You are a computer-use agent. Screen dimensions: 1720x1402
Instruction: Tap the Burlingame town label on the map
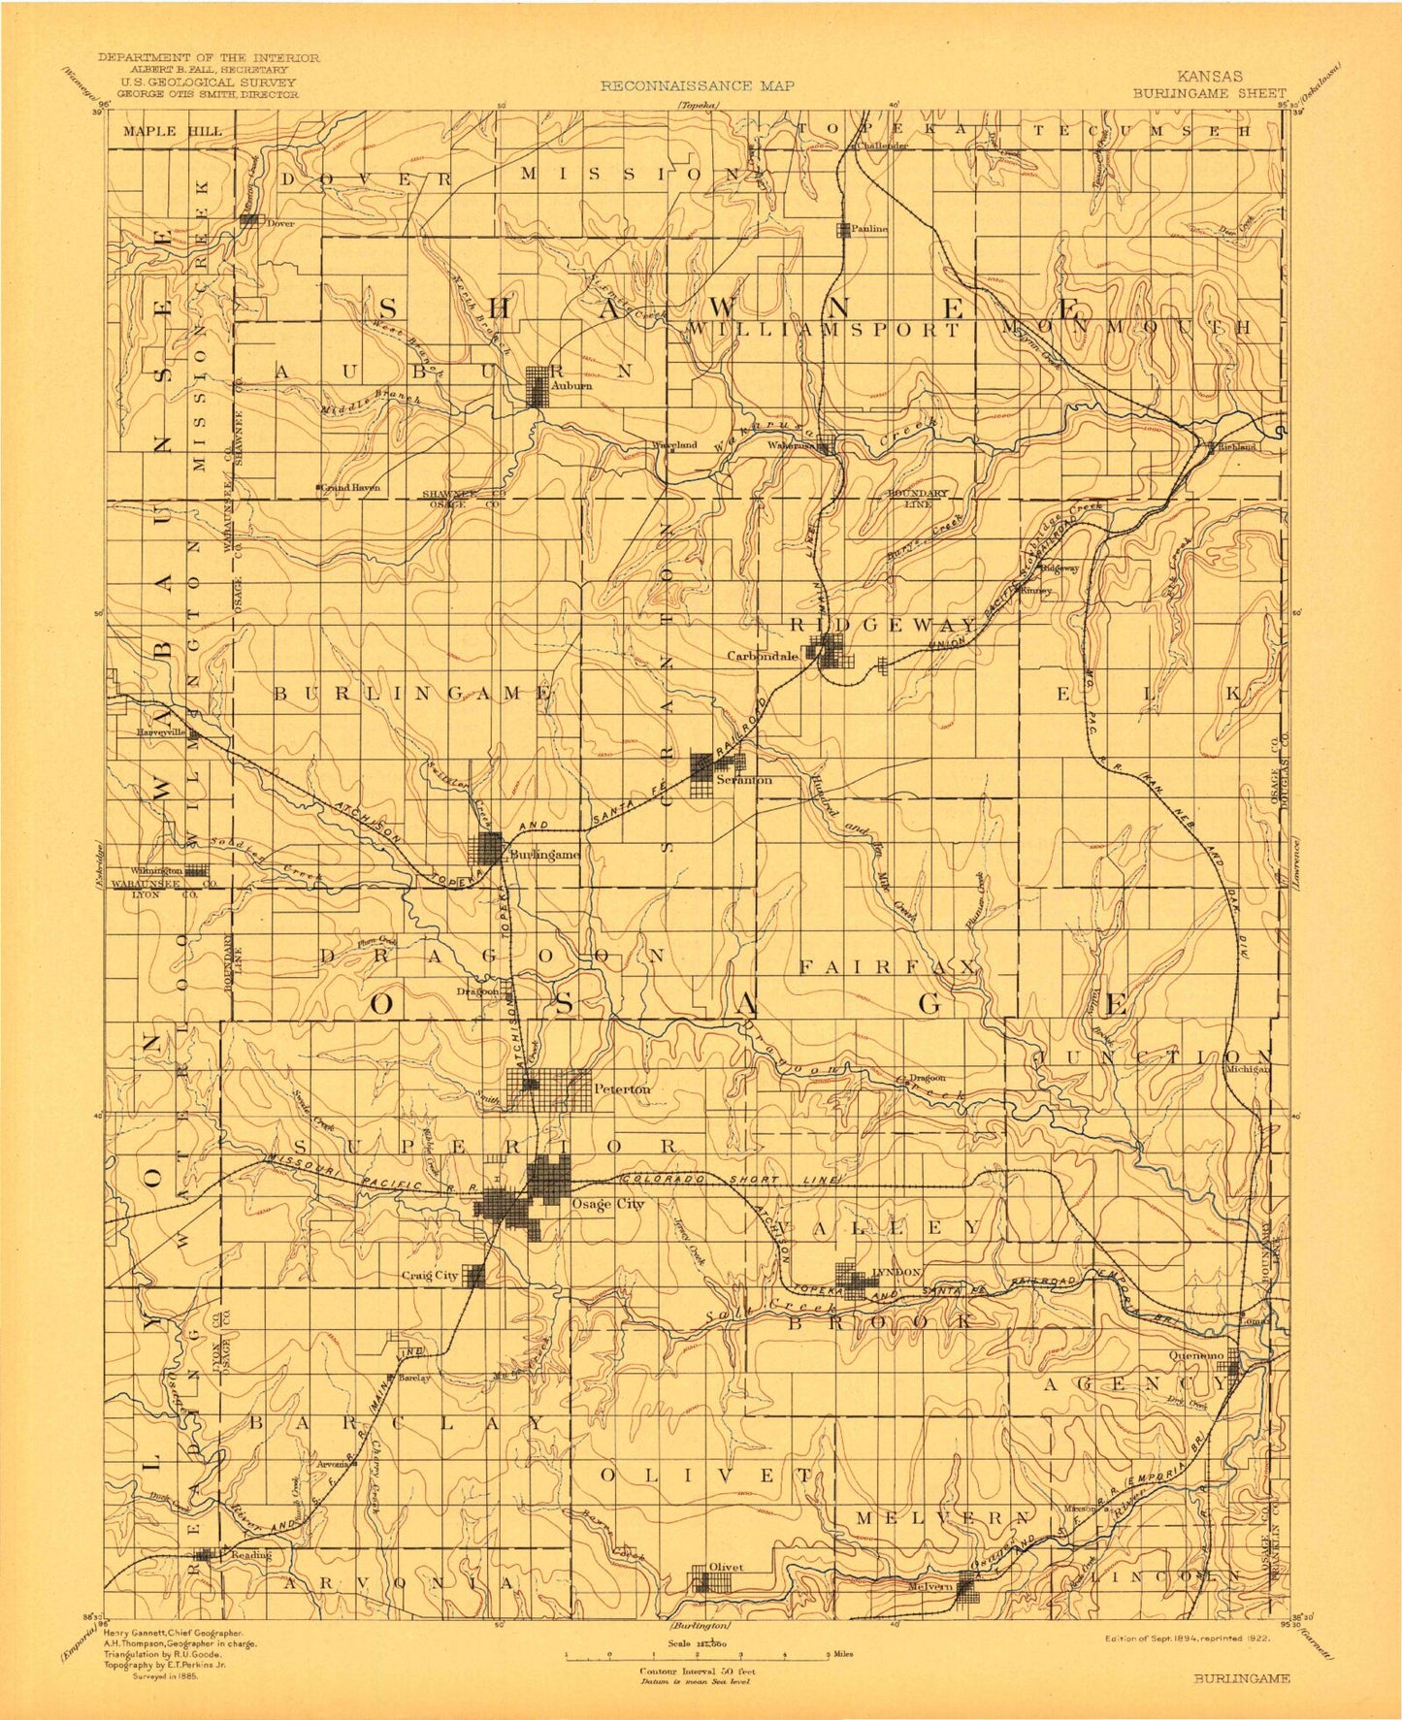[x=544, y=855]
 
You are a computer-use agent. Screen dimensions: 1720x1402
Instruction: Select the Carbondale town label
[x=763, y=655]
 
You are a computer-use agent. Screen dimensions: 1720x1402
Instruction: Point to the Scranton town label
[x=744, y=779]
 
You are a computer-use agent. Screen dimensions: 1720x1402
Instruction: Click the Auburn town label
[x=571, y=386]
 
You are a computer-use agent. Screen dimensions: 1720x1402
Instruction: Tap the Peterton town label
[x=622, y=1089]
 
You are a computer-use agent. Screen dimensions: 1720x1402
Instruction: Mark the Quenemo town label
[x=1197, y=1355]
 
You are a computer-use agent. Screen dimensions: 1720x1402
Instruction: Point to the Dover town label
[x=280, y=223]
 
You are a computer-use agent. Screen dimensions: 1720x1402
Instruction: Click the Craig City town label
[x=430, y=1276]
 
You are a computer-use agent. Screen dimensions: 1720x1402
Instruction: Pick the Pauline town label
[x=870, y=229]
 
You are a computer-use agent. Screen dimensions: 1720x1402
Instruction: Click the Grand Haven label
[x=351, y=487]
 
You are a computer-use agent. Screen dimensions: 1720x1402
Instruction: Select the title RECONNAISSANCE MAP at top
[x=697, y=85]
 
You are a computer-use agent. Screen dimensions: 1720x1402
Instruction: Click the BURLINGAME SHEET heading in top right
[x=1209, y=93]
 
